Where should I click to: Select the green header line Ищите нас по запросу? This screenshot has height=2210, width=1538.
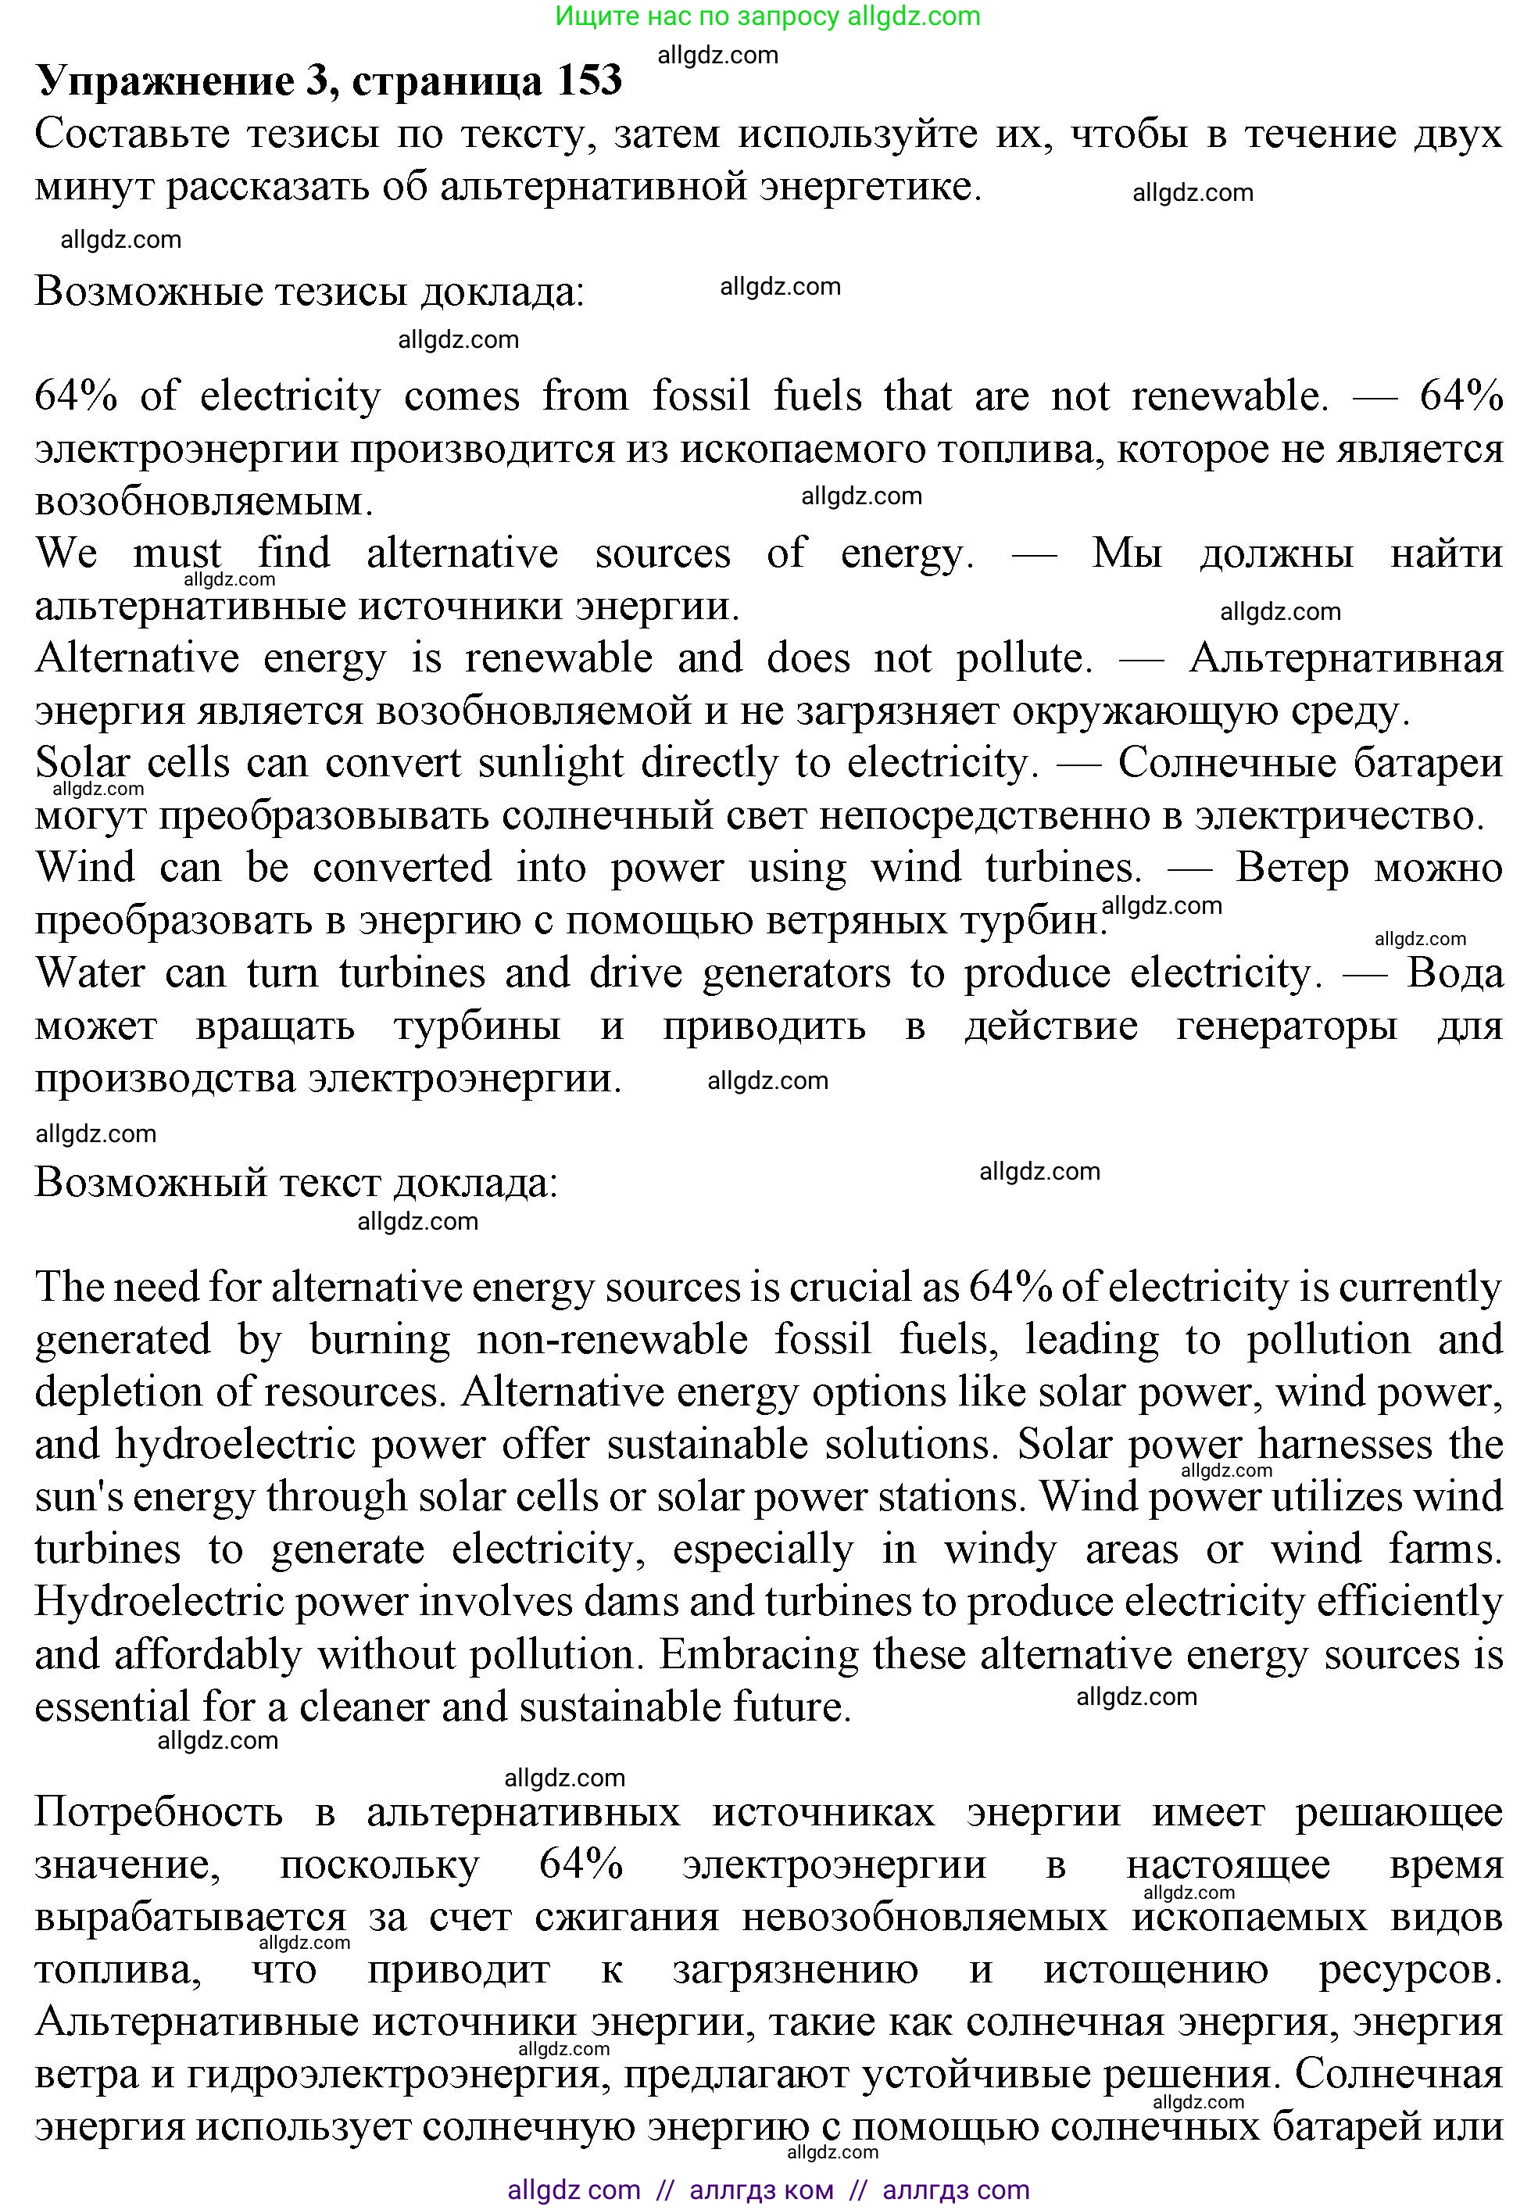(767, 16)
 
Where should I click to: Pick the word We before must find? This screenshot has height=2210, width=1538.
(66, 553)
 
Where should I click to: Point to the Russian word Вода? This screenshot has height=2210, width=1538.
(1454, 973)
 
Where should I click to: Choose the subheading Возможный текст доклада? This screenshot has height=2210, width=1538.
(295, 1182)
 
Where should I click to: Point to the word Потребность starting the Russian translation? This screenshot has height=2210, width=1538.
(159, 1812)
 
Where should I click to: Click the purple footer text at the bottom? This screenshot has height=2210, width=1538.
(767, 2190)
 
